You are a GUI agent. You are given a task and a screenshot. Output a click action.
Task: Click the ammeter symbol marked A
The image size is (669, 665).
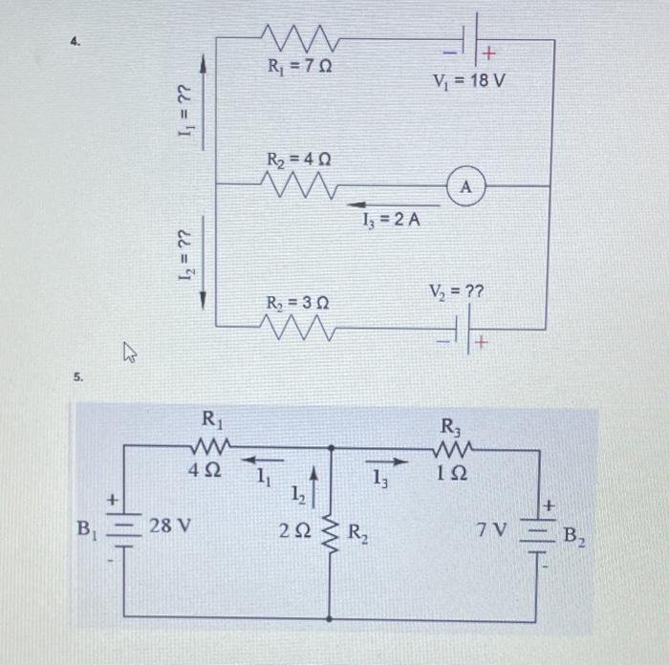(465, 186)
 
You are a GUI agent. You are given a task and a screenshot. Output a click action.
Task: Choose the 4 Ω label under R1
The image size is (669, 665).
(205, 472)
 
